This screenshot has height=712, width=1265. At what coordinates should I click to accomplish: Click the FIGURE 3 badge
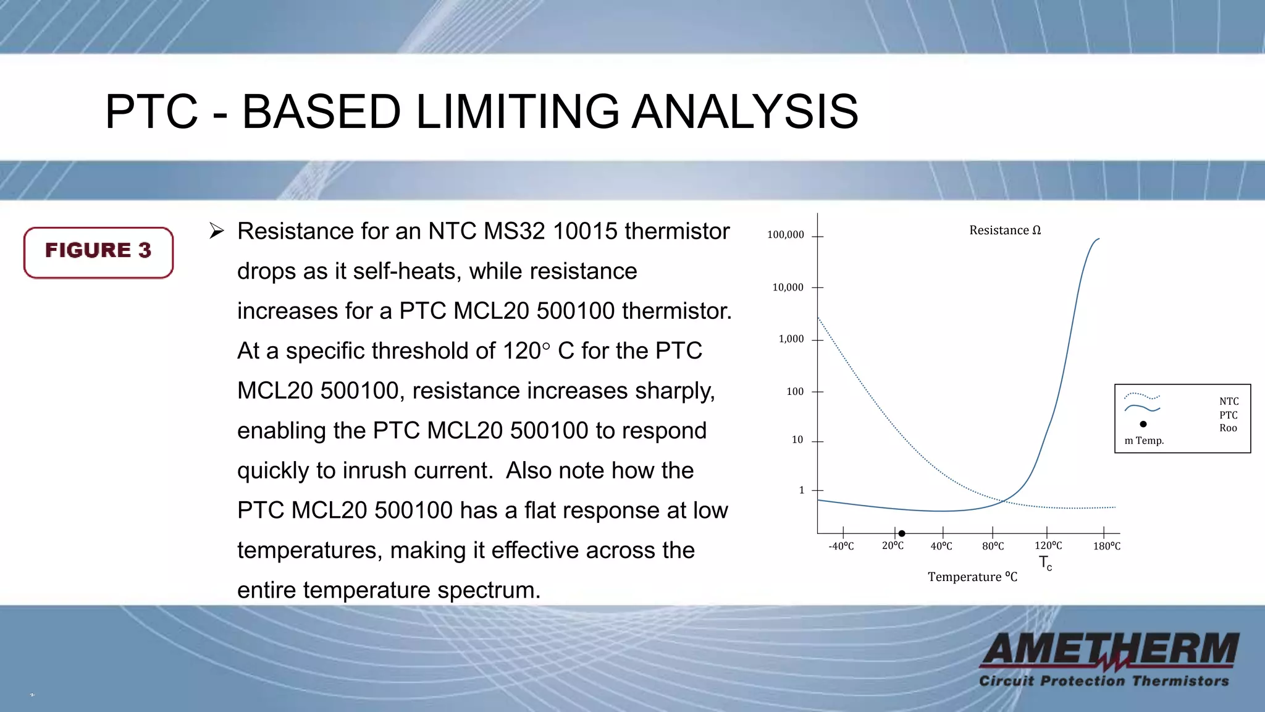coord(98,252)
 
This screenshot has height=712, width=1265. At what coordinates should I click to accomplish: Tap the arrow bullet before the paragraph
coord(216,231)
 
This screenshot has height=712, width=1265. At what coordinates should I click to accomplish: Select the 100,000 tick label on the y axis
coord(785,235)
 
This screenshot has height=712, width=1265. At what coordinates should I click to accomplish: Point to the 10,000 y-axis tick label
coord(788,287)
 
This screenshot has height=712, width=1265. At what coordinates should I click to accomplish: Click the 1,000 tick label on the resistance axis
coord(791,339)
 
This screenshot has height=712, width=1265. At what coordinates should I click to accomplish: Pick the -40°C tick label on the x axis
coord(841,546)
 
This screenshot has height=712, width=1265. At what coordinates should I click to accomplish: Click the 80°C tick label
coord(993,546)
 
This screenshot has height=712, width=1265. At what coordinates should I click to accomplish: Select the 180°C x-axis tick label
coord(1106,546)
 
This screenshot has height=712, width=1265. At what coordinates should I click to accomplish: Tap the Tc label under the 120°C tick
coord(1045,563)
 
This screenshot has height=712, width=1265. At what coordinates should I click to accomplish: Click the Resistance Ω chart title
coord(1004,231)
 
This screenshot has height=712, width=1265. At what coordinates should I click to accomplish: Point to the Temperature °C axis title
coord(972,577)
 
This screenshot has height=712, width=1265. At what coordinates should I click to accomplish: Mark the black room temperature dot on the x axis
coord(902,533)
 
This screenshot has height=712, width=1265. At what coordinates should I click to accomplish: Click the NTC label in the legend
coord(1229,402)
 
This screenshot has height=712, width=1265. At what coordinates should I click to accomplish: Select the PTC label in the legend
coord(1228,415)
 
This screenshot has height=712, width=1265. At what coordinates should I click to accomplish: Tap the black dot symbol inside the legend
coord(1143,424)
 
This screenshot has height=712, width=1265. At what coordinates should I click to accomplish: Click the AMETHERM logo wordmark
coord(1110,650)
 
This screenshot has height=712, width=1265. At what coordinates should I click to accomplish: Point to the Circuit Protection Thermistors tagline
coord(1104,681)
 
